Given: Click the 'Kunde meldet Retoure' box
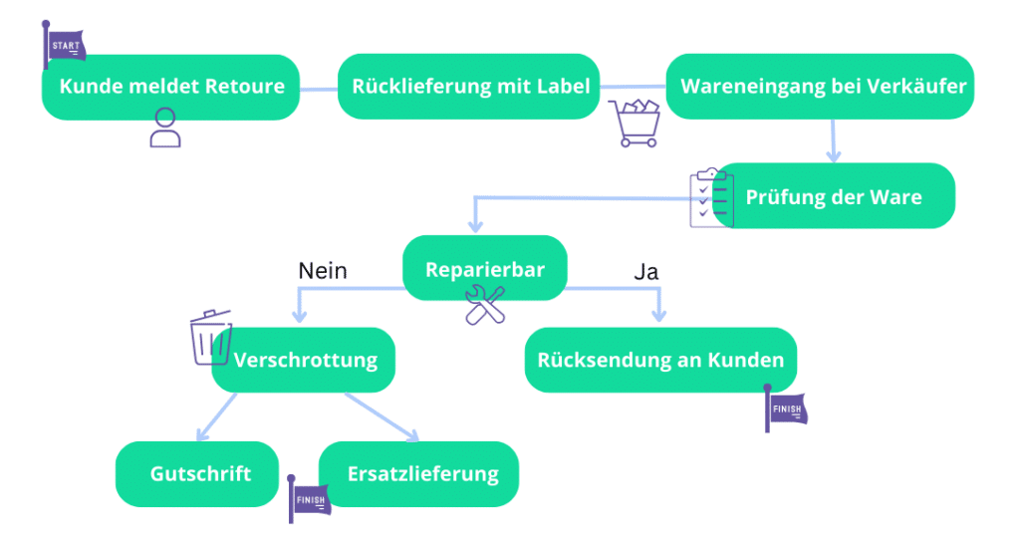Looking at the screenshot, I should click(170, 87).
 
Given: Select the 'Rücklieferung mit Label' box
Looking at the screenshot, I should click(470, 87).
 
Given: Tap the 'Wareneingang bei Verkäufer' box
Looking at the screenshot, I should click(822, 87).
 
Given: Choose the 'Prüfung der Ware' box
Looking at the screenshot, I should click(835, 196).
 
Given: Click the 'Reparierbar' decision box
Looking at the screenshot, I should click(485, 269).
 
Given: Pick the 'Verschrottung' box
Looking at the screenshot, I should click(305, 360).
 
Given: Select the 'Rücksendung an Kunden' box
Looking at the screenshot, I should click(660, 360).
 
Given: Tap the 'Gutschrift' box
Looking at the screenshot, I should click(197, 473).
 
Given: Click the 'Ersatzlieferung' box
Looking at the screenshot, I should click(419, 473).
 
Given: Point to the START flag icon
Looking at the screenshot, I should click(65, 45).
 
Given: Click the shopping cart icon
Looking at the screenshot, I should click(636, 124).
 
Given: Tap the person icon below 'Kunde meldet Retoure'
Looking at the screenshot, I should click(165, 128).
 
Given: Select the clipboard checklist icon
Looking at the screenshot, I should click(711, 197).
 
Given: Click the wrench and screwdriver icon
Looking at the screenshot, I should click(485, 305).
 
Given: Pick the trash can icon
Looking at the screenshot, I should click(210, 337).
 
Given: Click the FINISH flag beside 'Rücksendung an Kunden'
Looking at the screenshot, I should click(785, 408).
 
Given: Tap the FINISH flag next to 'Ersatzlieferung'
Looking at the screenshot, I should click(308, 497).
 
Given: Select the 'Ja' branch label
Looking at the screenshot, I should click(645, 270).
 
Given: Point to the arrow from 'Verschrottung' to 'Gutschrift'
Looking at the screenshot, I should click(218, 415).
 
